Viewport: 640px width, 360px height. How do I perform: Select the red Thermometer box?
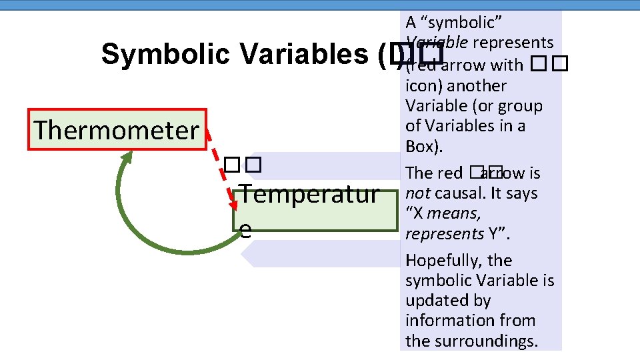pos(117,130)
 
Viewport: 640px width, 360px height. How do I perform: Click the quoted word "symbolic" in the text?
pos(454,23)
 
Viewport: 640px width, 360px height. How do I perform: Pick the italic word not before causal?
pos(417,193)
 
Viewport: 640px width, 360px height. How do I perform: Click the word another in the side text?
pos(477,86)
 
